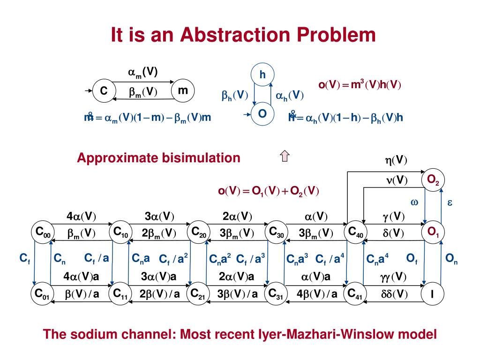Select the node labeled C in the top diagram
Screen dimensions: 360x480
click(x=104, y=91)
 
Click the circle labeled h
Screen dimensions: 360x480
click(x=262, y=75)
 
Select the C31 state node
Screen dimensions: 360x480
click(x=277, y=294)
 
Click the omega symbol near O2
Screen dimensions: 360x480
click(x=414, y=202)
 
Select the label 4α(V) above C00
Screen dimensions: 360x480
click(x=81, y=217)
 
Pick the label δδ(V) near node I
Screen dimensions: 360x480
click(x=393, y=294)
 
